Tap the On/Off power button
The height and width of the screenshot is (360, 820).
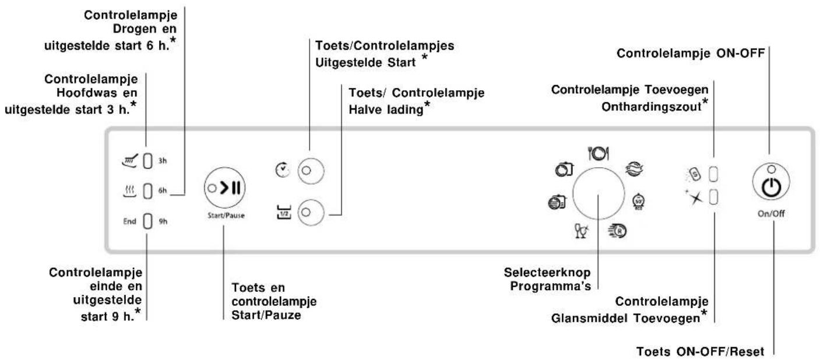pyautogui.click(x=771, y=182)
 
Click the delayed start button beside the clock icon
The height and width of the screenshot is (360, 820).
pyautogui.click(x=311, y=171)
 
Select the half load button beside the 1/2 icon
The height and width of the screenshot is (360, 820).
pyautogui.click(x=311, y=213)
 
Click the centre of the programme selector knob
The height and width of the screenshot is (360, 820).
pyautogui.click(x=599, y=193)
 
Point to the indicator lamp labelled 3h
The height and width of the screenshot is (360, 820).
pyautogui.click(x=147, y=161)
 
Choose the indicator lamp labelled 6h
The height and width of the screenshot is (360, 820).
pyautogui.click(x=147, y=191)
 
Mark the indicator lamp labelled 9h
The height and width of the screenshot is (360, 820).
pyautogui.click(x=147, y=221)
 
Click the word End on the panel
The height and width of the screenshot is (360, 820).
pyautogui.click(x=129, y=221)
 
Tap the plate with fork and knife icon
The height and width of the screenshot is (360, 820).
pyautogui.click(x=599, y=153)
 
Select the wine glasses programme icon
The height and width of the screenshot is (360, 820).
pyautogui.click(x=581, y=231)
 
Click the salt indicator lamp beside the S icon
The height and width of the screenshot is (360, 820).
pyautogui.click(x=713, y=174)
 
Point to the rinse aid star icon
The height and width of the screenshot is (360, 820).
pyautogui.click(x=695, y=198)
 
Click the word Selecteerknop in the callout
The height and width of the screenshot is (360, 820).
pyautogui.click(x=547, y=273)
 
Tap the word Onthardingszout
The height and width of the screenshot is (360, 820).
pyautogui.click(x=652, y=107)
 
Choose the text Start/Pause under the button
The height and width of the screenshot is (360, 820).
pyautogui.click(x=226, y=216)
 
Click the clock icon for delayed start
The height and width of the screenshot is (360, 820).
pyautogui.click(x=282, y=170)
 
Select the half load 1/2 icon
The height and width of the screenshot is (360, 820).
pyautogui.click(x=284, y=213)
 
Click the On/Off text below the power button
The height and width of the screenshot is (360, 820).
pyautogui.click(x=771, y=214)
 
